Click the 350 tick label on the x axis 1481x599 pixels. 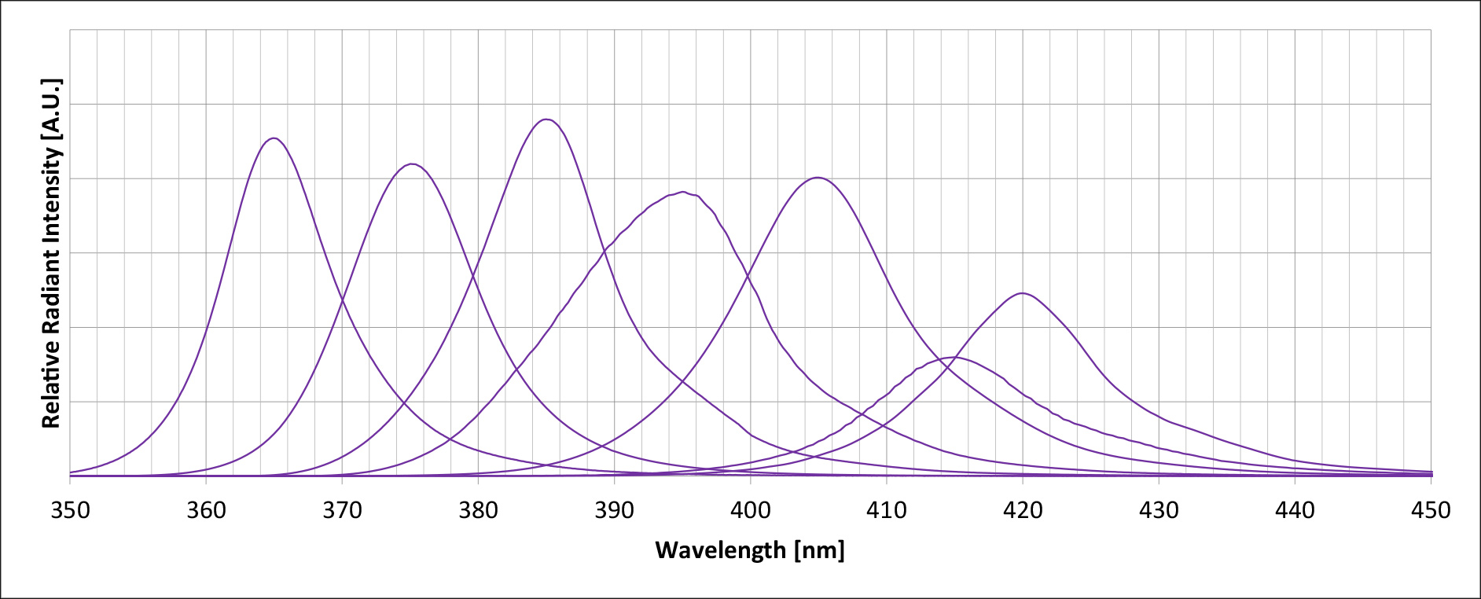coord(70,511)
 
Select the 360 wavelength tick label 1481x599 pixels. coord(206,511)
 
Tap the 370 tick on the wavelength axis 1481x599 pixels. coord(342,511)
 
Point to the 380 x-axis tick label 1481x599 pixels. coord(478,511)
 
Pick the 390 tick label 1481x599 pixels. coord(614,511)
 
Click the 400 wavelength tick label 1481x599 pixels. coord(750,511)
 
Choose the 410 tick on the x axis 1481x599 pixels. coord(886,511)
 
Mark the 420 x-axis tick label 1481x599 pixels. coord(1022,511)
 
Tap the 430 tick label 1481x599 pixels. coord(1159,511)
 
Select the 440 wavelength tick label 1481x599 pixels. coord(1295,511)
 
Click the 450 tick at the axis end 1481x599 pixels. coord(1431,511)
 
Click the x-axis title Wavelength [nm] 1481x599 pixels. coord(749,550)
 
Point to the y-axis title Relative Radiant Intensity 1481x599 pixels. coord(51,253)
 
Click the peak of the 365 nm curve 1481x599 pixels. coord(274,138)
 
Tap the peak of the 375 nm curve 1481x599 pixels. coord(411,164)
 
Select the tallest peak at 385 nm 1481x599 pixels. coord(546,119)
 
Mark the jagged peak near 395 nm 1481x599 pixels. coord(682,192)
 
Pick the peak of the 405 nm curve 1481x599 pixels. coord(818,178)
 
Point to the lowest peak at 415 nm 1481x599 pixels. coord(954,358)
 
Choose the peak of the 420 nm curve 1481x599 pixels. coord(1022,293)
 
